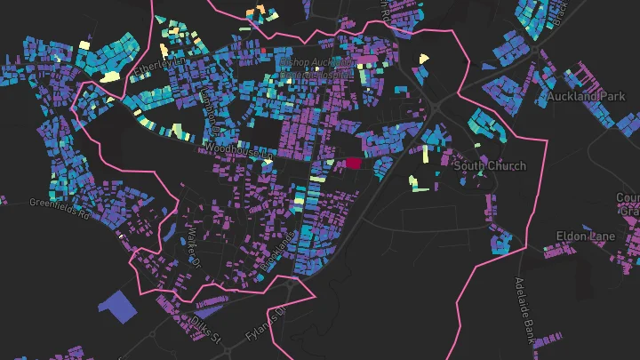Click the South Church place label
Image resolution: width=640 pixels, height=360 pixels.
(x=489, y=166)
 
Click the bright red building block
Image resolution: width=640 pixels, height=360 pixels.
(x=353, y=164)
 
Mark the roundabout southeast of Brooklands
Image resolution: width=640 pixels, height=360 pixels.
(x=292, y=284)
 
